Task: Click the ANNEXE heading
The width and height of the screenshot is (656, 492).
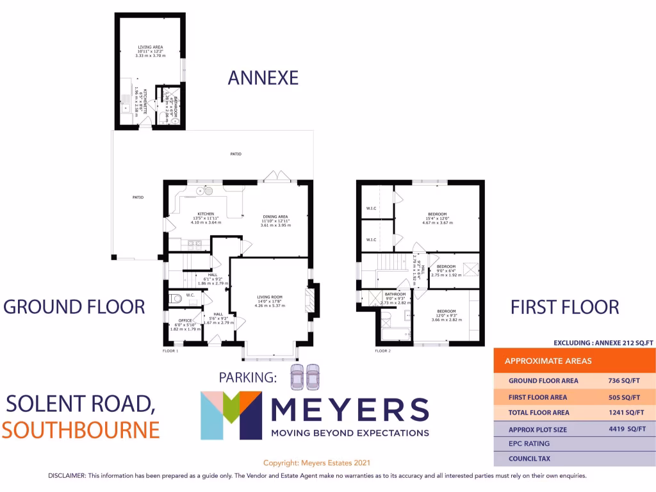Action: click(263, 78)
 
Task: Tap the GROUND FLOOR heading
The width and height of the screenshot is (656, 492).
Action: click(74, 306)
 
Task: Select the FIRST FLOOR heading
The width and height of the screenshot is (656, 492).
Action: click(564, 307)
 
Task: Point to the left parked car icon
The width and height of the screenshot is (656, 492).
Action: click(297, 377)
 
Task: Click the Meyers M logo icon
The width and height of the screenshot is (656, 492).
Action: click(231, 415)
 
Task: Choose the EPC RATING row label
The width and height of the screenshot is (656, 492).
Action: click(529, 443)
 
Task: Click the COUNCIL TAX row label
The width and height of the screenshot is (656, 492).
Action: click(529, 459)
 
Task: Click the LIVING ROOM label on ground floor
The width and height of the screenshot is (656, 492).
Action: click(270, 297)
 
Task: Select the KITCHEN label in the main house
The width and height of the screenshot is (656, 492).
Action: click(205, 214)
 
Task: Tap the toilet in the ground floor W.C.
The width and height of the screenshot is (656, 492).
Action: click(175, 297)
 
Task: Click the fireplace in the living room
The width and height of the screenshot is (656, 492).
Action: click(310, 300)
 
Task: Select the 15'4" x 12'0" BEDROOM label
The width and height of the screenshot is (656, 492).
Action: click(437, 214)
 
